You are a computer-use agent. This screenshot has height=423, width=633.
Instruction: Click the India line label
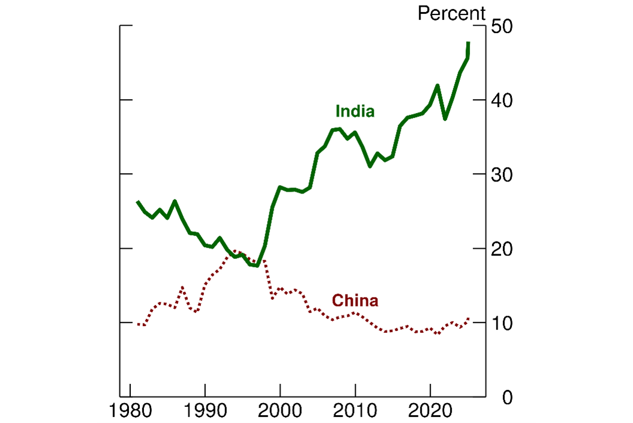355,112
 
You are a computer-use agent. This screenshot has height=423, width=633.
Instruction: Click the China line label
355,300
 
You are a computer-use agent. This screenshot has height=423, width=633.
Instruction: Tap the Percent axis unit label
451,13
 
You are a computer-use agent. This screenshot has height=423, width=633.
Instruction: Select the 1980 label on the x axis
130,413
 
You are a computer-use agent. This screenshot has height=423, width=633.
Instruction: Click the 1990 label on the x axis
205,413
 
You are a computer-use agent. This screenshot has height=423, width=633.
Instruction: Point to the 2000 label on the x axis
280,413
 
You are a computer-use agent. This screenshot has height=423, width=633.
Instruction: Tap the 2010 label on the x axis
355,413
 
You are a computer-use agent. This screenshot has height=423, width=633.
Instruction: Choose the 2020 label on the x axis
430,413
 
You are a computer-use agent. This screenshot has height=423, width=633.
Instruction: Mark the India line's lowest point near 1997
257,266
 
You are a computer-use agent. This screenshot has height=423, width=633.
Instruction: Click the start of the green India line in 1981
138,202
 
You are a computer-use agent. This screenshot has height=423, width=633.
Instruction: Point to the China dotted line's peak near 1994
235,252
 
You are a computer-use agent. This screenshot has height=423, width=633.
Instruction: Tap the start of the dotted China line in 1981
138,324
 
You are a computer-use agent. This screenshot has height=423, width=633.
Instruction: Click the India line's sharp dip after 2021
445,118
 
